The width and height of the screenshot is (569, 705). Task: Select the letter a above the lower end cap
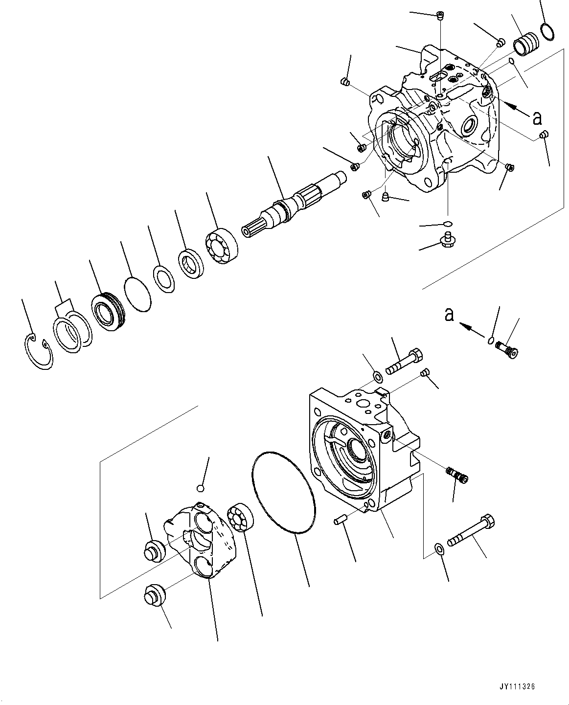pyautogui.click(x=449, y=315)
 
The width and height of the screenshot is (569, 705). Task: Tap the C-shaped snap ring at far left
pyautogui.click(x=38, y=351)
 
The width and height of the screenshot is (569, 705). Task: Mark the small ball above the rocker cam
pyautogui.click(x=200, y=488)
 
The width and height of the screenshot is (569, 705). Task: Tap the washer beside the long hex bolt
pyautogui.click(x=439, y=548)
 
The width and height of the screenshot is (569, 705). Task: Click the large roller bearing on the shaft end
pyautogui.click(x=221, y=245)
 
